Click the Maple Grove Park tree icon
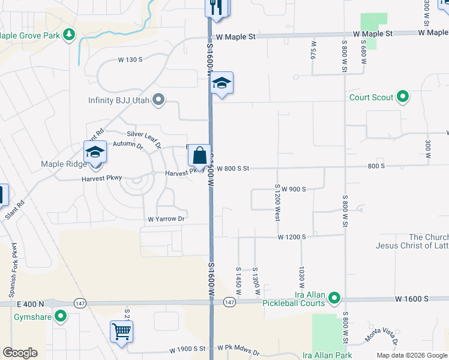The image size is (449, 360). (x=70, y=35)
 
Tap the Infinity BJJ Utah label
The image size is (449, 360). (x=118, y=100)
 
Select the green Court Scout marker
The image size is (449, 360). (x=403, y=97)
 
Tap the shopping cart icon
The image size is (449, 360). (x=121, y=331)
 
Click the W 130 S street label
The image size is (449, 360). (x=130, y=59)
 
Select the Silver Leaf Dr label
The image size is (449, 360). (x=144, y=137)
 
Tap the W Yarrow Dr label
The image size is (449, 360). (x=163, y=219)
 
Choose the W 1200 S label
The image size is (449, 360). (x=292, y=237)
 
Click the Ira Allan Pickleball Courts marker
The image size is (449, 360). (x=334, y=298)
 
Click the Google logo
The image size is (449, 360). (x=20, y=353)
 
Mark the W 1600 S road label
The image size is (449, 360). (x=411, y=298)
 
